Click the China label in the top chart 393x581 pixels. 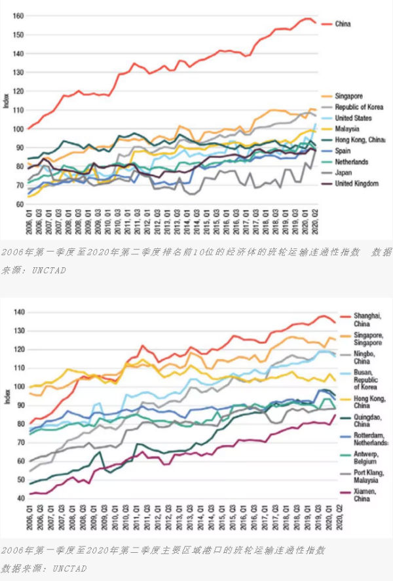tap(343, 24)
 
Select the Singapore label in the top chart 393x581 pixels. tap(349, 96)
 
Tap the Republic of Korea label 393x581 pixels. tap(359, 107)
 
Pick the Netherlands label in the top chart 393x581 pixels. tap(351, 162)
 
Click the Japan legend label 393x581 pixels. tap(343, 173)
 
